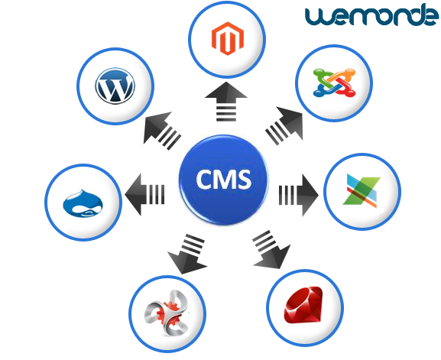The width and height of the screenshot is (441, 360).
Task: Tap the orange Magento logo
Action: tap(228, 38)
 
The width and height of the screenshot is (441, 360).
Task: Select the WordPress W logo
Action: tap(115, 86)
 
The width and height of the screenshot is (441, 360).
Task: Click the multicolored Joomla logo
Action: tap(334, 83)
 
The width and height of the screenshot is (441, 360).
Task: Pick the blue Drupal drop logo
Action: tap(83, 203)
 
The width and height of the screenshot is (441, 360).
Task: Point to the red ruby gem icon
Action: tap(303, 305)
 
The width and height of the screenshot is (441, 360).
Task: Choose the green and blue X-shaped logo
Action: tap(362, 191)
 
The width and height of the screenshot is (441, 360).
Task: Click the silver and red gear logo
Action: tap(167, 313)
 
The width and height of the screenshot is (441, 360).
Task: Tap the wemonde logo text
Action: tap(371, 15)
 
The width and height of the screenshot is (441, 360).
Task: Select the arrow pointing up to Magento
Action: tap(226, 102)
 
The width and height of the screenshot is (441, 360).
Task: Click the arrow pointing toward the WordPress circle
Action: tap(161, 130)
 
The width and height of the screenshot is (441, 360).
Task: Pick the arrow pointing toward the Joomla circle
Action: tap(285, 125)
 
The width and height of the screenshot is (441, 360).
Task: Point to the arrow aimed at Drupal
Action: tap(144, 195)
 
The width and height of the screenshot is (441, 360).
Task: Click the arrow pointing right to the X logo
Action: tap(298, 195)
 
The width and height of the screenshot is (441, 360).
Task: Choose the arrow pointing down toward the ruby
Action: tap(271, 250)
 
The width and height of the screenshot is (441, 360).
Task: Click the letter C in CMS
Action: tap(205, 179)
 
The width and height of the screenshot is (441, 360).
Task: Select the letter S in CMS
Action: tap(243, 180)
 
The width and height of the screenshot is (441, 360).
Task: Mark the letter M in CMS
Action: tap(224, 179)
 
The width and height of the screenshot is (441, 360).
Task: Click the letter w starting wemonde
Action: tap(316, 18)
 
